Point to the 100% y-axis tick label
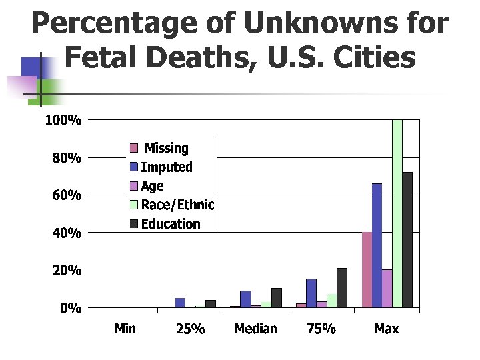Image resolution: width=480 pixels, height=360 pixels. [63, 121]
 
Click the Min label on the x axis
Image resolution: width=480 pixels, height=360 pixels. [125, 329]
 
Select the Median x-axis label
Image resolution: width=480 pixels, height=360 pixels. [255, 329]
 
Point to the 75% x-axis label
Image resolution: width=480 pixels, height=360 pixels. [321, 329]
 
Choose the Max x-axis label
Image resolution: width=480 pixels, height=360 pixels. [387, 329]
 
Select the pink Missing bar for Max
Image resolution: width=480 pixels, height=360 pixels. [367, 270]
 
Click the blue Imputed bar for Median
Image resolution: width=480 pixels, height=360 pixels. [245, 299]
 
